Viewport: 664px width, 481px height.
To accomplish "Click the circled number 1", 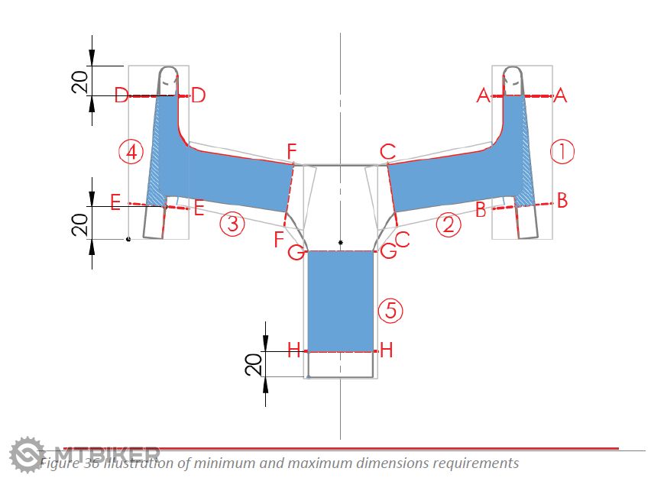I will click(x=562, y=152).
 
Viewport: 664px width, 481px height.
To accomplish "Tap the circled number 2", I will click(x=449, y=224).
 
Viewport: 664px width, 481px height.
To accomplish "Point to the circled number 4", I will click(x=132, y=152).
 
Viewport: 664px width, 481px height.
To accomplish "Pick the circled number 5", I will click(x=390, y=310).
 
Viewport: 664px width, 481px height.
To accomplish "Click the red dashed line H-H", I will click(x=340, y=351).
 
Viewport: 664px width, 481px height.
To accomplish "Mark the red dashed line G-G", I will click(x=340, y=250).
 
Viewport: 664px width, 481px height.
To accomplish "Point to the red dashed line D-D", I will click(x=160, y=95).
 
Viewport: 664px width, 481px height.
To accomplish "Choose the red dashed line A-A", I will click(x=521, y=95).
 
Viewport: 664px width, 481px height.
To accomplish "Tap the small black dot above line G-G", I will click(x=341, y=243).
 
